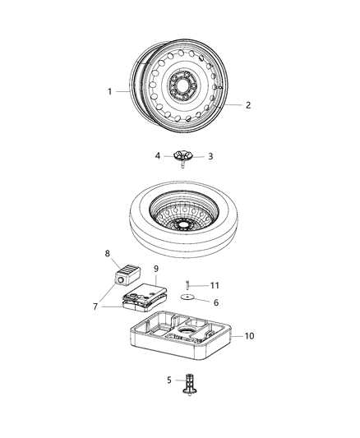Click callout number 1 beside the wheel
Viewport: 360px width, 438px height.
(x=109, y=91)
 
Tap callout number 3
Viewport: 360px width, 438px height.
(x=210, y=156)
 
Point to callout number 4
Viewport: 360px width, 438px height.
(x=158, y=155)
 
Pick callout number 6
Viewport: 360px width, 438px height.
(x=216, y=302)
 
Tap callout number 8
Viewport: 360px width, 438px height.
(x=107, y=253)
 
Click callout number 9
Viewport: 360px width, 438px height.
(x=155, y=267)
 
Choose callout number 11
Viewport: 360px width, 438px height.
(x=216, y=284)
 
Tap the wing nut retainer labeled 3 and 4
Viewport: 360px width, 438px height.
(x=182, y=155)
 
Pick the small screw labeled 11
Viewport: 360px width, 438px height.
(x=188, y=284)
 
